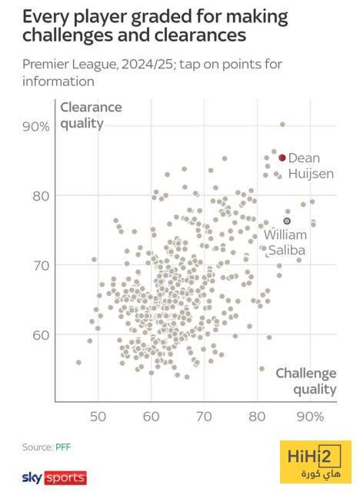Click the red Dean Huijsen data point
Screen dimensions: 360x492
pyautogui.click(x=282, y=158)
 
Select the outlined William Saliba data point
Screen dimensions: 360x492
pyautogui.click(x=287, y=221)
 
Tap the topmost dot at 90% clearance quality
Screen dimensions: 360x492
pyautogui.click(x=282, y=125)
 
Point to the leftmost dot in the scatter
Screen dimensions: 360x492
pyautogui.click(x=78, y=362)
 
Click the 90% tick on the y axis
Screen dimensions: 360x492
pyautogui.click(x=36, y=127)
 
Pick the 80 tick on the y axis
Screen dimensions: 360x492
pyautogui.click(x=41, y=197)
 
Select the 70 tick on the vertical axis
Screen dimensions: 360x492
pyautogui.click(x=41, y=266)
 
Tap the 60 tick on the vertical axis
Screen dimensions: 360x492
pyautogui.click(x=41, y=335)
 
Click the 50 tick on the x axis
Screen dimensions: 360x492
pyautogui.click(x=98, y=417)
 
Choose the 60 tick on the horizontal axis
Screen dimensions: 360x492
pyautogui.click(x=151, y=417)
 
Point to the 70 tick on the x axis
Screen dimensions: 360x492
pyautogui.click(x=204, y=417)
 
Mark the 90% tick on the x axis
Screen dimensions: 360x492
pyautogui.click(x=310, y=417)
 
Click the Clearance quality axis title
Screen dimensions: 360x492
pyautogui.click(x=91, y=115)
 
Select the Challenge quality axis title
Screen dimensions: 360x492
pyautogui.click(x=305, y=381)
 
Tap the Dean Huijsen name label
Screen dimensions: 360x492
pyautogui.click(x=311, y=166)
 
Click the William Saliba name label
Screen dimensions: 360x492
pyautogui.click(x=285, y=243)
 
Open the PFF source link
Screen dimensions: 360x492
pyautogui.click(x=63, y=447)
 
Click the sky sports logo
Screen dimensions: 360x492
pyautogui.click(x=55, y=478)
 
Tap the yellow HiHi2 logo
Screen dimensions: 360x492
pyautogui.click(x=315, y=462)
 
